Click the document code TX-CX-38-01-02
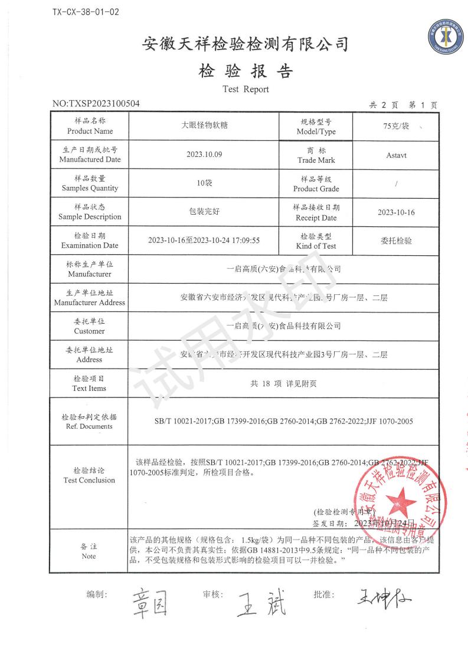pyautogui.click(x=86, y=12)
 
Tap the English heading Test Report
pyautogui.click(x=246, y=90)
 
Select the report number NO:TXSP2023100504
pyautogui.click(x=96, y=104)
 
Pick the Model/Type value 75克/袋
pyautogui.click(x=395, y=126)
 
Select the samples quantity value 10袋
pyautogui.click(x=204, y=183)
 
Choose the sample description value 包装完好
pyautogui.click(x=204, y=212)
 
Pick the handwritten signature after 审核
pyautogui.click(x=262, y=603)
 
